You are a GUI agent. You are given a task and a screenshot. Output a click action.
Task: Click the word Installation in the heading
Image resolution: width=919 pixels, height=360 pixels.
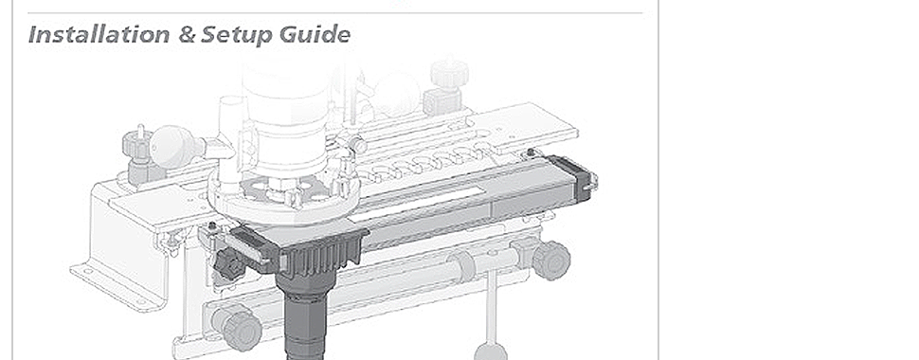(x=99, y=34)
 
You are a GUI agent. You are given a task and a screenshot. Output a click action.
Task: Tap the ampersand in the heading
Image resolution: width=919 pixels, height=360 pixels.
(x=187, y=35)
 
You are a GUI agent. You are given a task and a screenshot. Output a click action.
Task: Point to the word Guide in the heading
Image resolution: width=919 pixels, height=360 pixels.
(x=315, y=34)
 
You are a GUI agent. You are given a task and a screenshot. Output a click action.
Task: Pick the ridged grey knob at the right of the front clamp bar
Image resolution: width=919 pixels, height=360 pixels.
(x=551, y=261)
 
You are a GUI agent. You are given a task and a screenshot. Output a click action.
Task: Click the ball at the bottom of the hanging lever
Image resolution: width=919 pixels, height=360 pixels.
(x=491, y=352)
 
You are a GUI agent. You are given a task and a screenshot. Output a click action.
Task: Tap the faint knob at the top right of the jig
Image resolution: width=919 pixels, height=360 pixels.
(x=449, y=73)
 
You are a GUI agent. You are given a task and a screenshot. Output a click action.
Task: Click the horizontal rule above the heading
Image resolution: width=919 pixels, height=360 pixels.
(x=335, y=13)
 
